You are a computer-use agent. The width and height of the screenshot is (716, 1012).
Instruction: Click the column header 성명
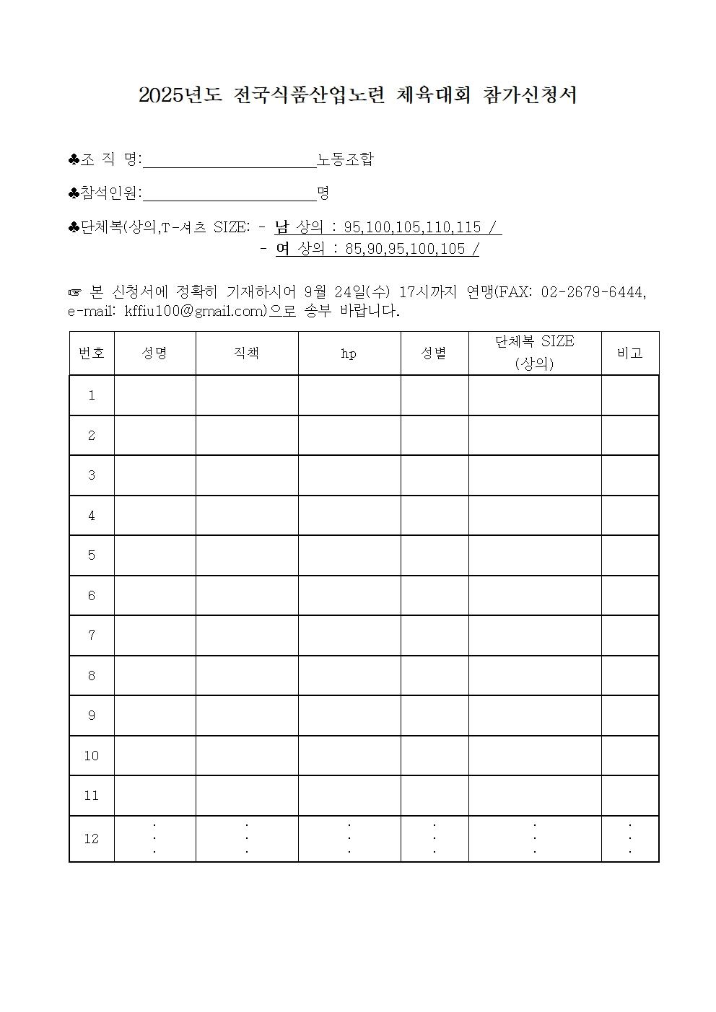click(154, 353)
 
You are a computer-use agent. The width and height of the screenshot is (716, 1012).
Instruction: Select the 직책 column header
click(246, 353)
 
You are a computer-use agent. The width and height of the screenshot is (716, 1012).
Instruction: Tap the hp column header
click(349, 353)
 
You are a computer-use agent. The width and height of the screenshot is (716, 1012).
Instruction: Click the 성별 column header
click(434, 353)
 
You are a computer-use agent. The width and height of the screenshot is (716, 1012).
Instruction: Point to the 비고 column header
click(629, 353)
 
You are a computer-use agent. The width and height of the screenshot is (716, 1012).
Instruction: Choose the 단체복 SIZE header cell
click(534, 353)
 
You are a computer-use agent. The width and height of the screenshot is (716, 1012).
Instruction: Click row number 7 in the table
click(91, 635)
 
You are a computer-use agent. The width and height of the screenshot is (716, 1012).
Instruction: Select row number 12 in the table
click(91, 838)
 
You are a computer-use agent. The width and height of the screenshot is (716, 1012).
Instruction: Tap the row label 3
click(91, 475)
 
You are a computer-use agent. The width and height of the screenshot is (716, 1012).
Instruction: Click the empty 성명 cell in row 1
click(154, 395)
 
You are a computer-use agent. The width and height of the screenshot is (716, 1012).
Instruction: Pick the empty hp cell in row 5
click(349, 555)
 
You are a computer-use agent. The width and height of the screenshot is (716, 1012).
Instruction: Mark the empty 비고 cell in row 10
click(629, 755)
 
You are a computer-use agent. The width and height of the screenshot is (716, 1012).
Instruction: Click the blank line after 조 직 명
click(230, 160)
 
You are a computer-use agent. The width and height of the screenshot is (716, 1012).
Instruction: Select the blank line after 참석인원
click(230, 193)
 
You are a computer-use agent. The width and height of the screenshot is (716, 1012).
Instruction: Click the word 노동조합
click(346, 159)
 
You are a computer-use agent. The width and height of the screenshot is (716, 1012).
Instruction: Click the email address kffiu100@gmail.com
click(195, 312)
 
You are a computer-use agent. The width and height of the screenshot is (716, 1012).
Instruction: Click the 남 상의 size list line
click(388, 227)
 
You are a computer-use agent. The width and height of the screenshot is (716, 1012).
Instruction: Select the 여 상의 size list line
click(377, 249)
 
